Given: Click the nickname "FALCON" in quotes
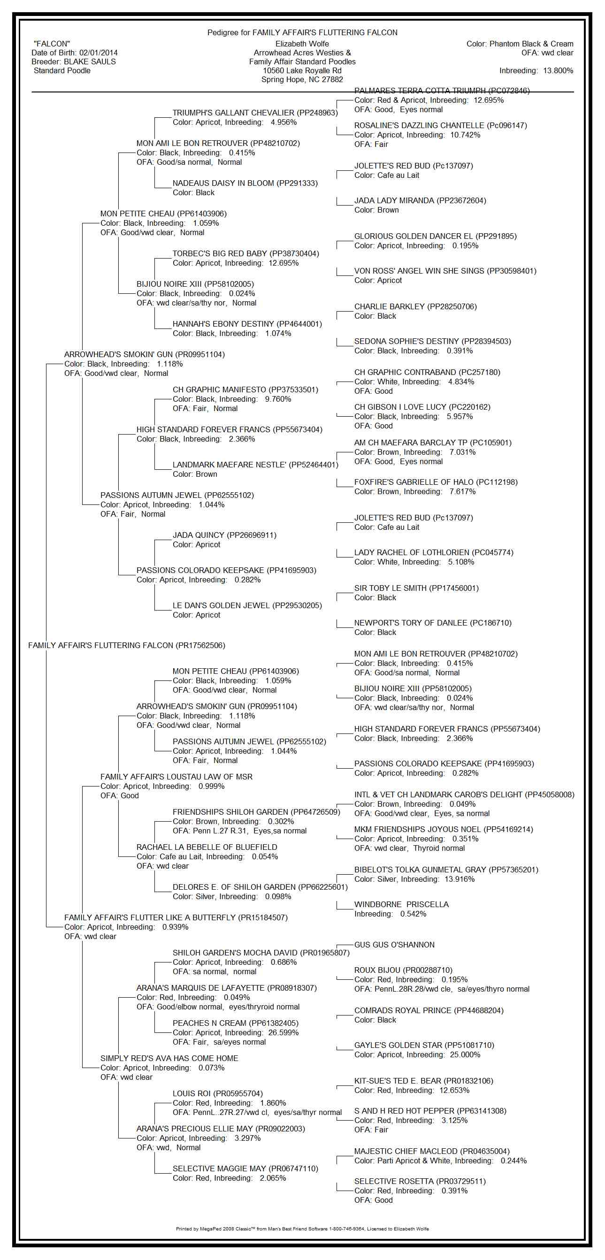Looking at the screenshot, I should click(x=52, y=44).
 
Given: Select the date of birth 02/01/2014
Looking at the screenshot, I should click(x=98, y=53).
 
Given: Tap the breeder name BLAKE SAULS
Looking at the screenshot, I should click(x=90, y=61).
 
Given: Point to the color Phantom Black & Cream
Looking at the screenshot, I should click(x=531, y=44).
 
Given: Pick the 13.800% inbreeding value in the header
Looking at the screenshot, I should click(x=558, y=71).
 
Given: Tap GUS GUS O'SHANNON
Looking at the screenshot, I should click(x=394, y=945).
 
